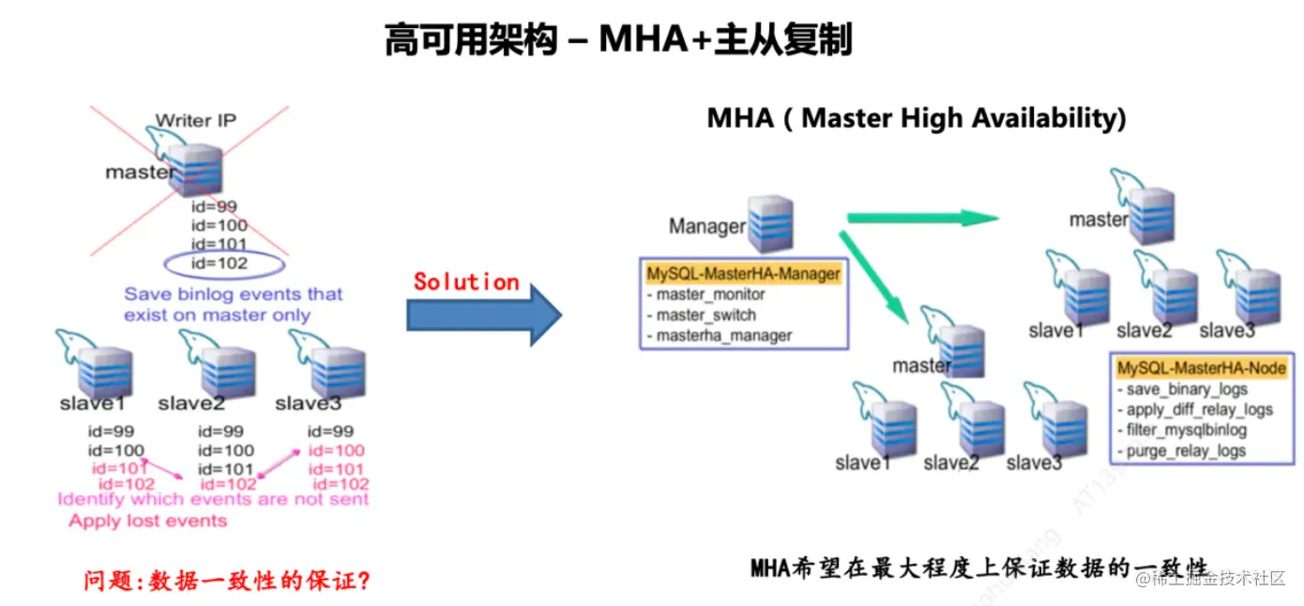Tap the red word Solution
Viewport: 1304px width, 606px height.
click(x=466, y=281)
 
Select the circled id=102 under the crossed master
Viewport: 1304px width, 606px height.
click(x=220, y=264)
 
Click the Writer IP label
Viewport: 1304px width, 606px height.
click(x=195, y=120)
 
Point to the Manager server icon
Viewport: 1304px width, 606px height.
click(x=770, y=223)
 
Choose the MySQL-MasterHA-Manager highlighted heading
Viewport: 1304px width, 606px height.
click(x=743, y=274)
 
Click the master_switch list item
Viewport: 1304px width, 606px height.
click(x=705, y=315)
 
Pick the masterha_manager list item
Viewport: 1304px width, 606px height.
click(x=724, y=335)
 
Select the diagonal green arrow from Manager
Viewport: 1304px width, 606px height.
click(x=874, y=276)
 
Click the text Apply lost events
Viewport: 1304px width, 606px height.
click(x=147, y=521)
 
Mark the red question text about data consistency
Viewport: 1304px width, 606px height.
click(x=226, y=581)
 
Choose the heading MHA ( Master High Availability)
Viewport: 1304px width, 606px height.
click(x=916, y=117)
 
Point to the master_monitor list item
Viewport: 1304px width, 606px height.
click(x=710, y=295)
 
